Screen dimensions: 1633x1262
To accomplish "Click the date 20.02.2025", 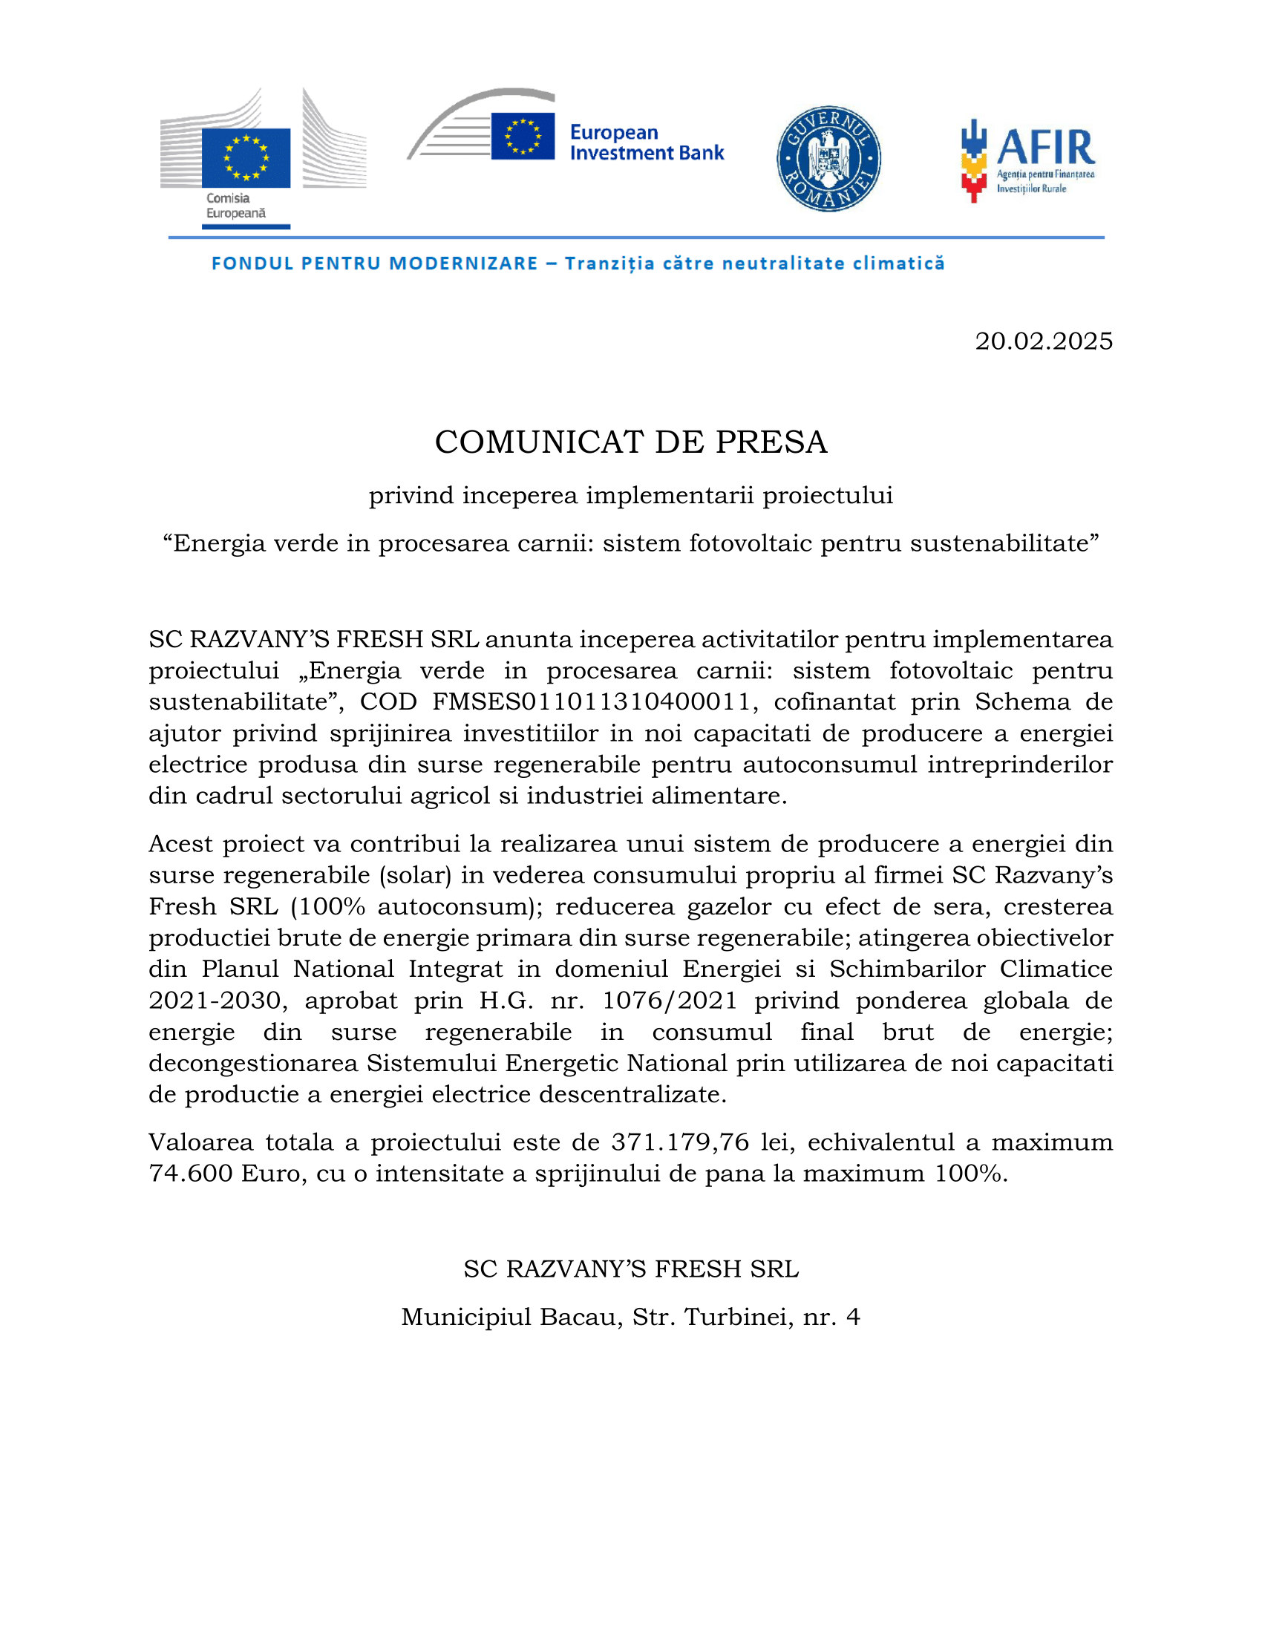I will (x=1043, y=341).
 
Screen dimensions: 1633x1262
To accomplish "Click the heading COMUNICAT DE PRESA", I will (x=631, y=442).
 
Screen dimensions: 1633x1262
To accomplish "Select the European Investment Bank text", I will (x=646, y=142).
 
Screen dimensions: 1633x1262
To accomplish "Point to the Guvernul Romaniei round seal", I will (x=828, y=159).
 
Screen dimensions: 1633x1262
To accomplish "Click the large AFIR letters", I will (x=1045, y=147).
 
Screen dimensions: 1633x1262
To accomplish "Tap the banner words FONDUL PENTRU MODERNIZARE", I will (x=375, y=264).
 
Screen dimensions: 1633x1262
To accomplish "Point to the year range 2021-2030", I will (x=218, y=1000).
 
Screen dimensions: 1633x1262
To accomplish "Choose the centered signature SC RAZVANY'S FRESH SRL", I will (x=630, y=1269).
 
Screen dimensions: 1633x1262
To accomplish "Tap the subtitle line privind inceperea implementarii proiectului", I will (x=630, y=495).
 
